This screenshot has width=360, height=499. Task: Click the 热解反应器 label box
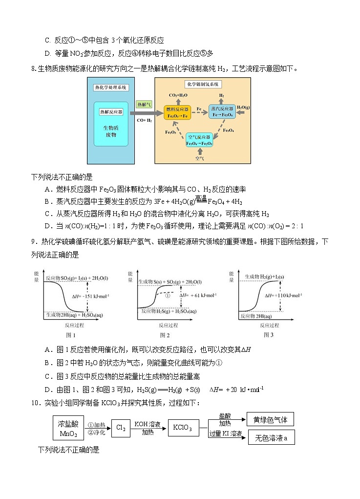point(111,112)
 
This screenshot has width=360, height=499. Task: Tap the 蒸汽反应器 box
point(221,111)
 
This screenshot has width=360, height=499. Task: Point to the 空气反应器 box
point(199,140)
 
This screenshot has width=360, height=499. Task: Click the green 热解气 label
point(145,105)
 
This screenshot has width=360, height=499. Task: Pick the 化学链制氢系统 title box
point(203,84)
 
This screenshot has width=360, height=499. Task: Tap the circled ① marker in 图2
point(167,296)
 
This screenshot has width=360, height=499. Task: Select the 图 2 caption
point(165,335)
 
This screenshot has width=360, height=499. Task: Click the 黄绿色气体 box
point(271,419)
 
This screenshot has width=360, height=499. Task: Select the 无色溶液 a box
point(272,438)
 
